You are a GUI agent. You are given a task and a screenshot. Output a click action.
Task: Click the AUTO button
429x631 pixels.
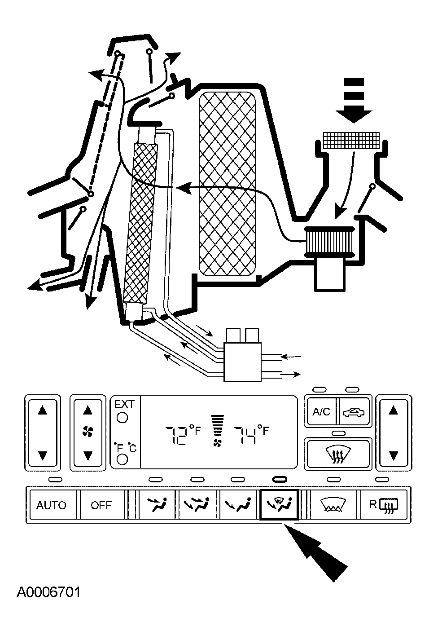pos(51,505)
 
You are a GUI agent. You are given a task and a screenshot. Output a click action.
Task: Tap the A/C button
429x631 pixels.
pos(321,411)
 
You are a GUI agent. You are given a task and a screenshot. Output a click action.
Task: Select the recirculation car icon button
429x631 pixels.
pos(355,411)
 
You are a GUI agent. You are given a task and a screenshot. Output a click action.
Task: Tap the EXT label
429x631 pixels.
pos(124,404)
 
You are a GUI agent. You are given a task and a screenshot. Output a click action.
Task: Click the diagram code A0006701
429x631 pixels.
pos(49,592)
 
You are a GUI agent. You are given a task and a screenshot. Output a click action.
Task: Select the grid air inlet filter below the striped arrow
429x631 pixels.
pos(351,140)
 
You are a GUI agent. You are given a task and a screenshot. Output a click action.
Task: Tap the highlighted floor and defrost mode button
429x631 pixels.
pos(279,505)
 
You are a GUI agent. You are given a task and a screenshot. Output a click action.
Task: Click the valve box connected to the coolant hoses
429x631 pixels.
pos(243,362)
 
